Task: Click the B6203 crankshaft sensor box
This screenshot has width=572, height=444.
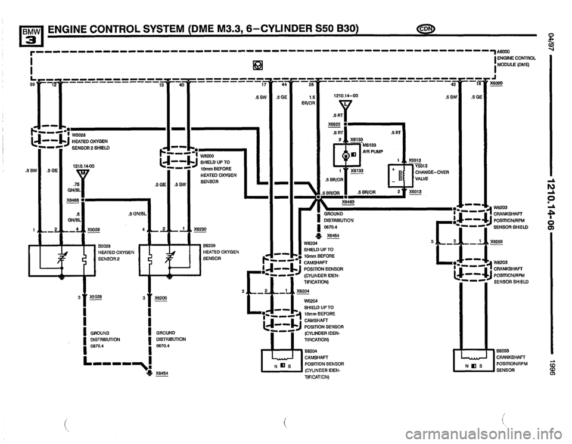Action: click(x=472, y=357)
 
